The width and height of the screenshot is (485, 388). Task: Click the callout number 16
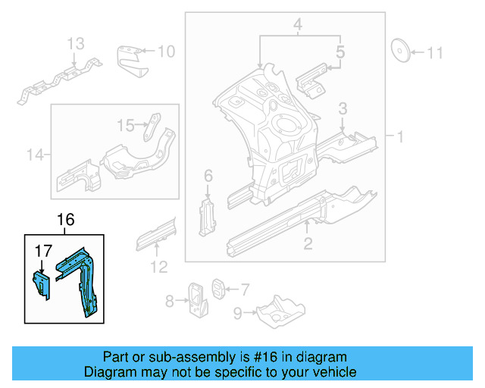66,220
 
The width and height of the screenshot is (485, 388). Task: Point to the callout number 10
165,52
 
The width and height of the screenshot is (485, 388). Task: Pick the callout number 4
298,27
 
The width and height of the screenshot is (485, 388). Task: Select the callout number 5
340,52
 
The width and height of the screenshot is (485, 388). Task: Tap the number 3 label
343,108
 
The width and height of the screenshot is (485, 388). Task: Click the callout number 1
399,137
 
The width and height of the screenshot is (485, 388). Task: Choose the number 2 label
308,243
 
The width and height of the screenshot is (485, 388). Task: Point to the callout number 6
208,177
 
